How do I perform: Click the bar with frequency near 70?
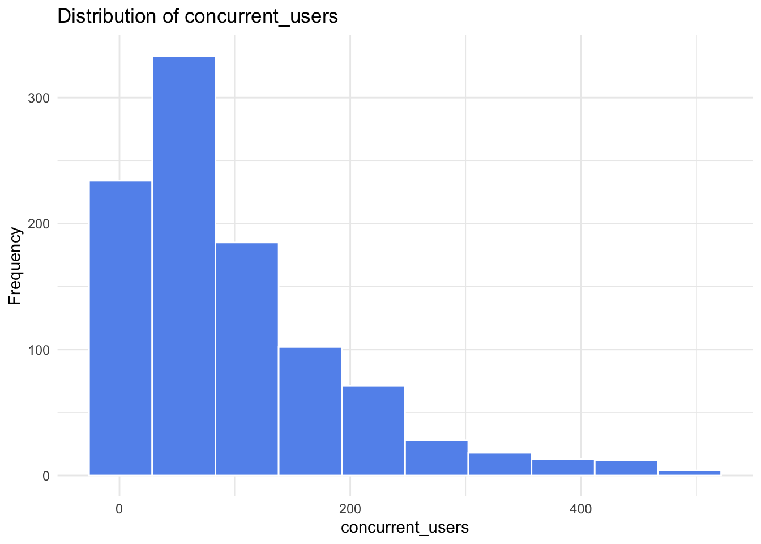(373, 431)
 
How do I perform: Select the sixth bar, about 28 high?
(437, 458)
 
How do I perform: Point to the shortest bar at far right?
(689, 473)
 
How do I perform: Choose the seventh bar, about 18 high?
(499, 464)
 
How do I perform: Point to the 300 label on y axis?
(39, 97)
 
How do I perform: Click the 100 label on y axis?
(39, 350)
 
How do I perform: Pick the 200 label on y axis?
(39, 224)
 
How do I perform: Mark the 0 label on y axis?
(46, 476)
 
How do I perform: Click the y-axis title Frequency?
(15, 266)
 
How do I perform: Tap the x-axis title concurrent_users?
(405, 528)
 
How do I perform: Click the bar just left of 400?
(563, 467)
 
